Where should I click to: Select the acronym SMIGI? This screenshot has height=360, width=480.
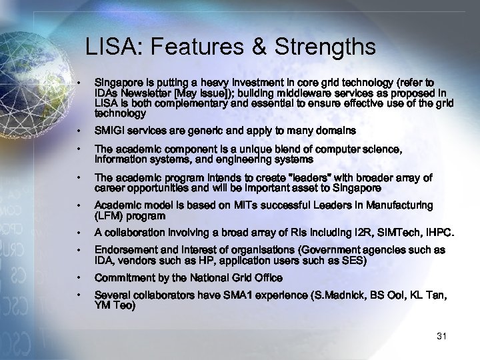[x=111, y=131]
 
